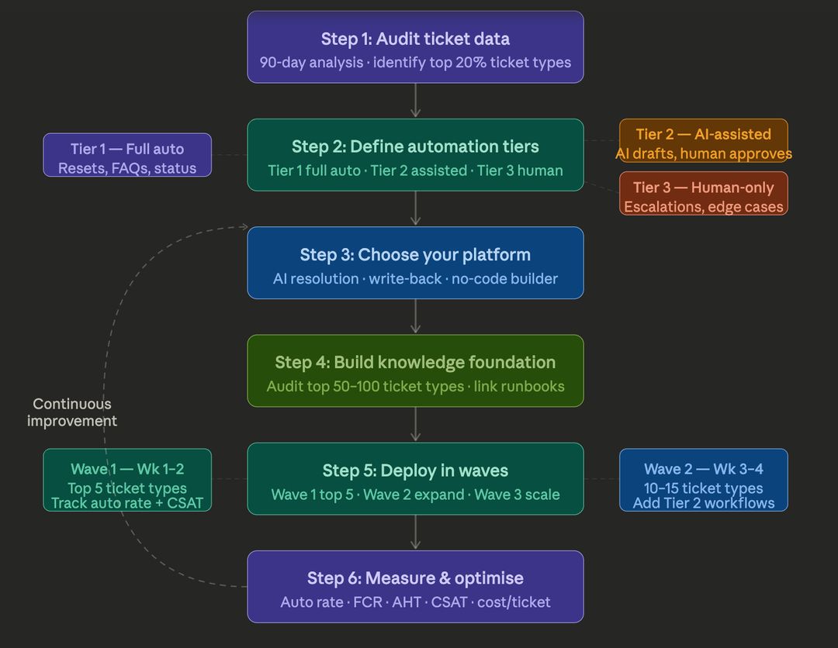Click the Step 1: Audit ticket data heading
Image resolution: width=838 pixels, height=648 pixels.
coord(415,39)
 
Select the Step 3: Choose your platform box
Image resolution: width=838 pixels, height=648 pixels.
coord(415,263)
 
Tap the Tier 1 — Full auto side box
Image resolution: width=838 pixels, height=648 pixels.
coord(127,155)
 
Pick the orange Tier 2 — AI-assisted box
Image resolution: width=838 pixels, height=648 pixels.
coord(703,140)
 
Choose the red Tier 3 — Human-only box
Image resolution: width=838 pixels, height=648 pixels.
coord(703,194)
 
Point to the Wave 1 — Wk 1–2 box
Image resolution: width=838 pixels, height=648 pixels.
coord(127,480)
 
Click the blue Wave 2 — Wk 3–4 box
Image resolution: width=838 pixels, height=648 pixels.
coord(703,480)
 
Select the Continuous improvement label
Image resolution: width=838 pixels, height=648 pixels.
coord(72,412)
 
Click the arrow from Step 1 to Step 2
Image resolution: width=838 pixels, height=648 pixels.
coord(415,100)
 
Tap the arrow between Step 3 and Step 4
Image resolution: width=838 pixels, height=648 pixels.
coord(415,316)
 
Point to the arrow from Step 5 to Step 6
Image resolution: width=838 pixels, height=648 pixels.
coord(415,533)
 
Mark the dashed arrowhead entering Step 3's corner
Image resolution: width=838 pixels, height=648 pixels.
coord(244,227)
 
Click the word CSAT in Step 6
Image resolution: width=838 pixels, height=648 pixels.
coord(449,602)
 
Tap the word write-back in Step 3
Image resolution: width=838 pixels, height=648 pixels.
coord(405,278)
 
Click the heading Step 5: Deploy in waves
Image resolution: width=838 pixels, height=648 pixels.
coord(415,470)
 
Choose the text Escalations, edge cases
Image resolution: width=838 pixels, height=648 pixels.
coord(703,207)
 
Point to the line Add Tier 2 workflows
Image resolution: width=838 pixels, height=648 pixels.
coord(703,503)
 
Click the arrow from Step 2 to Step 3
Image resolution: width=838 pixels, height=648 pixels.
coord(415,209)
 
